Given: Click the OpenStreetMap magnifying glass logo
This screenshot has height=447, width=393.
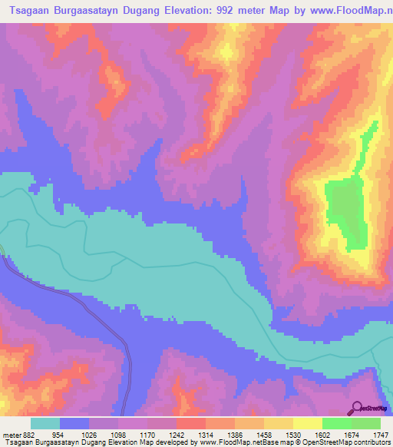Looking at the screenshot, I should coord(357,407).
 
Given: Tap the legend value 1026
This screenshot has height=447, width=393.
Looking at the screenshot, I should coord(102,435).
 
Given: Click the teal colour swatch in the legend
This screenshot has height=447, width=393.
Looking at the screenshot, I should coord(45,423).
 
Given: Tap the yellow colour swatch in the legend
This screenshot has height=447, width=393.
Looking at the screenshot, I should coord(307,423).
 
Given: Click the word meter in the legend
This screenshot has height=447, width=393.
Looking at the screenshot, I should coord(12,435).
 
